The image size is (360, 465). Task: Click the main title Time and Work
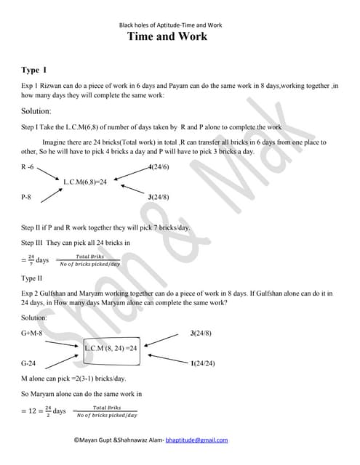pos(167,36)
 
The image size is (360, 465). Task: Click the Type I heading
pos(34,70)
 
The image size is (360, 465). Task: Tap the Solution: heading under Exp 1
pos(36,112)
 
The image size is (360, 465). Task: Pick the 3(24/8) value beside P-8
pos(159,197)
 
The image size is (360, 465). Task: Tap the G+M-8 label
pos(33,333)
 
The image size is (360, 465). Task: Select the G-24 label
pos(29,362)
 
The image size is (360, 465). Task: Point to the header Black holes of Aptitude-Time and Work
pos(171,25)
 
